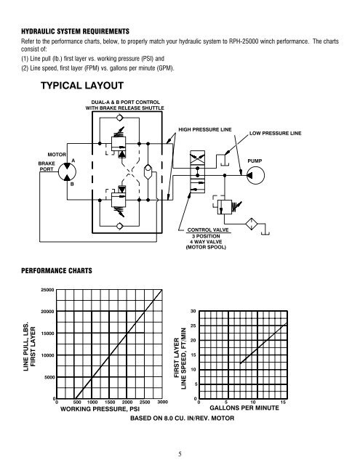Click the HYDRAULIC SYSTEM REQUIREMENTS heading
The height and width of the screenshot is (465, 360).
(x=76, y=31)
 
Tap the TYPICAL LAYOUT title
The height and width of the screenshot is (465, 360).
(x=82, y=86)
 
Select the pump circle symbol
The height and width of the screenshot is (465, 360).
(x=255, y=175)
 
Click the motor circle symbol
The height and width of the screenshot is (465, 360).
(x=67, y=171)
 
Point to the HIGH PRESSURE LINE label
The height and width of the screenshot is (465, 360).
(x=205, y=129)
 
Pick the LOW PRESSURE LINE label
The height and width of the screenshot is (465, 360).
(x=275, y=134)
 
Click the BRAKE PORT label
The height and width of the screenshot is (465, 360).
(x=47, y=166)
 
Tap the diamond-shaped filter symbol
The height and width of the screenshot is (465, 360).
(x=252, y=224)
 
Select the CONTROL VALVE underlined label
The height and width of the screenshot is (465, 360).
(x=208, y=230)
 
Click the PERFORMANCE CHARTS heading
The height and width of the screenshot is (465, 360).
(x=57, y=270)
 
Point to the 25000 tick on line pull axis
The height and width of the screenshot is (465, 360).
(x=47, y=290)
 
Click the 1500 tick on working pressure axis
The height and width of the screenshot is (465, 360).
(x=110, y=402)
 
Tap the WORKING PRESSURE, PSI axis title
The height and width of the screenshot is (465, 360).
(x=100, y=409)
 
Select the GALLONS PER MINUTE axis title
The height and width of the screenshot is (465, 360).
(x=244, y=408)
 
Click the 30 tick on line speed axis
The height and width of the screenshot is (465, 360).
(x=193, y=311)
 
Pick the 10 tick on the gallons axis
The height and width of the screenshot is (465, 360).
(x=253, y=402)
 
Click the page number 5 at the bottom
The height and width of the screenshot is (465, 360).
(x=180, y=453)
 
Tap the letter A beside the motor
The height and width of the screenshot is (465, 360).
(x=73, y=161)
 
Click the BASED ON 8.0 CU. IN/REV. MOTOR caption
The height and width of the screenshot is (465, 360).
(x=183, y=418)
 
